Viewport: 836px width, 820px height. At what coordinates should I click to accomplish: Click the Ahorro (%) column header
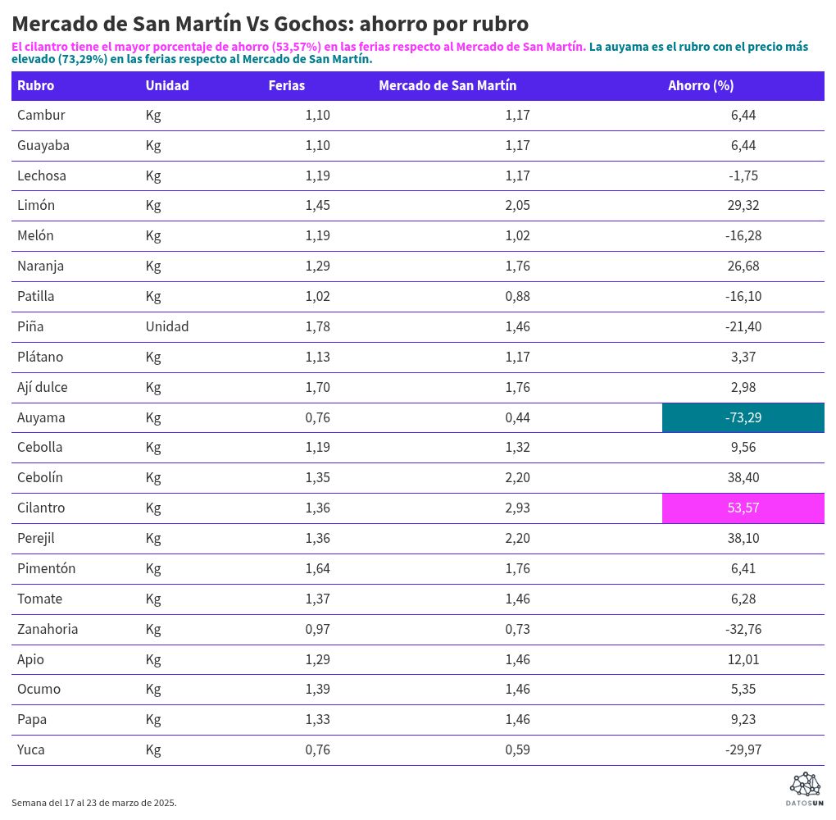(700, 85)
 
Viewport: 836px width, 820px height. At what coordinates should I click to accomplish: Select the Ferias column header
(286, 85)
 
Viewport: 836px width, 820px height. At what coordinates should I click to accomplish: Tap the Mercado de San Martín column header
(448, 85)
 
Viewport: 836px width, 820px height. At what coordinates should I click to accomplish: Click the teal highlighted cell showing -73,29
(743, 417)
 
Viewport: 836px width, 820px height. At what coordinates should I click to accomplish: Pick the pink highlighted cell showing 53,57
(743, 508)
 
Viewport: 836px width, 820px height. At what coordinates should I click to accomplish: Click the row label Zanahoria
(48, 629)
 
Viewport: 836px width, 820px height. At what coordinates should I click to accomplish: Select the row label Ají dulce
(43, 387)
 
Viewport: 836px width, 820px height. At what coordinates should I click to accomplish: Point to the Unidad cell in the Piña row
(167, 326)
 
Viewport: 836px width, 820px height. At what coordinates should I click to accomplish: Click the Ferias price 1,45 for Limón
(317, 205)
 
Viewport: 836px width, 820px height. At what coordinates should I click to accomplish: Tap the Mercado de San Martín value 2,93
(517, 508)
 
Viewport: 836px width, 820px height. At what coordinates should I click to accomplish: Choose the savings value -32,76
(743, 629)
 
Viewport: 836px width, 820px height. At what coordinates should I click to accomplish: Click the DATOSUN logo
(804, 788)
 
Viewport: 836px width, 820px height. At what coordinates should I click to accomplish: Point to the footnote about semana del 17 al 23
(94, 803)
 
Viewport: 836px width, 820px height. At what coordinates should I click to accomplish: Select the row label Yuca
(31, 749)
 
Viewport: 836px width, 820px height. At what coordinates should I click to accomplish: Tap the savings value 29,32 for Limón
(743, 205)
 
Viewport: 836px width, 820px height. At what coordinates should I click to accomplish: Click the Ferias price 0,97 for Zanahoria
(317, 629)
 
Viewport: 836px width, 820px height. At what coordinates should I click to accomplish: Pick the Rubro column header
(36, 85)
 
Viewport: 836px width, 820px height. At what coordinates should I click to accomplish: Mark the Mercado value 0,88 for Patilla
(517, 296)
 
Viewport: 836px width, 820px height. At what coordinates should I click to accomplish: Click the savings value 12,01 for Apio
(743, 659)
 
